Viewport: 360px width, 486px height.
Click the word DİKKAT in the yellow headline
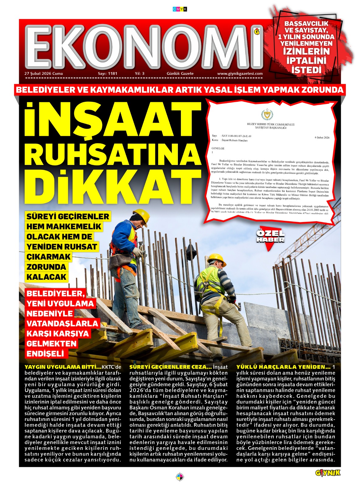(x=117, y=187)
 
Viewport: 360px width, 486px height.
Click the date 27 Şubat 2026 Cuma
(x=43, y=74)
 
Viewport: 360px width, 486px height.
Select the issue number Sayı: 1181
(x=107, y=74)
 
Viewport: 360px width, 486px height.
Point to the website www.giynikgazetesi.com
(x=240, y=74)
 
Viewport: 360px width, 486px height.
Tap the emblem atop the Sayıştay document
(x=267, y=115)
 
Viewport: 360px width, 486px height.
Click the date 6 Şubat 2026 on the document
(x=322, y=138)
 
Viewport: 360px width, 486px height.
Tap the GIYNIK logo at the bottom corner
(x=328, y=473)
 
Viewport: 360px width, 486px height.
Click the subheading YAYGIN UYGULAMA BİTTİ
(x=63, y=367)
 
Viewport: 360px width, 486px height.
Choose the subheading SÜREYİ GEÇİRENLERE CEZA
(x=171, y=367)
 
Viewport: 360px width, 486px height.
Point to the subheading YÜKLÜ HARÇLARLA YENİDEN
(x=283, y=367)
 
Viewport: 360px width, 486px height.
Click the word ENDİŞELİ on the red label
(x=45, y=354)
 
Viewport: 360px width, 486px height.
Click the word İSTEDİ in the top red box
(x=306, y=70)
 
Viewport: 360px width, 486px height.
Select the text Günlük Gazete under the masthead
(x=180, y=74)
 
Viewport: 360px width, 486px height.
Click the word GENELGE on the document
(x=218, y=148)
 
